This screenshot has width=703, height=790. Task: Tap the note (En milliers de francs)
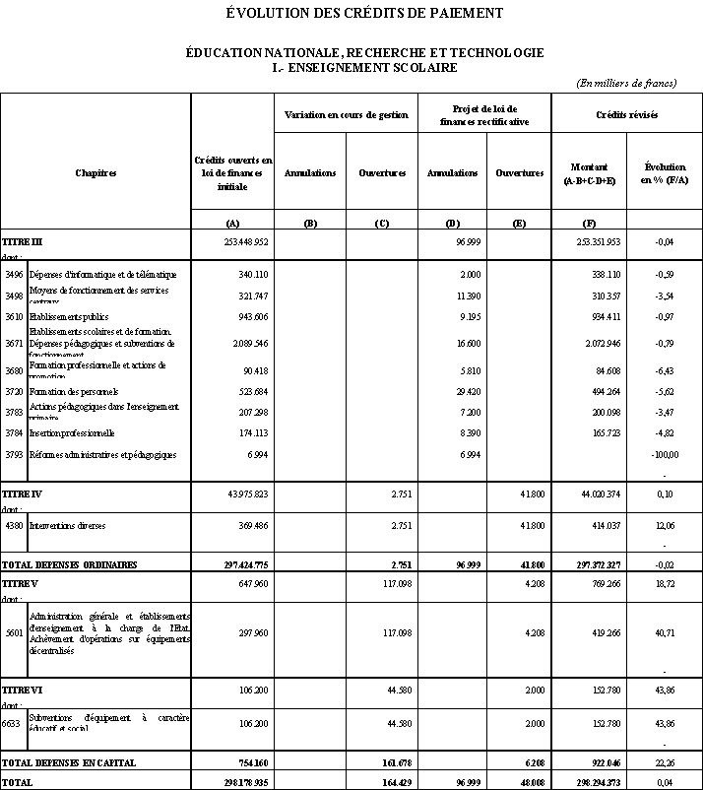click(x=626, y=83)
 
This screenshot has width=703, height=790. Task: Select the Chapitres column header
click(x=96, y=173)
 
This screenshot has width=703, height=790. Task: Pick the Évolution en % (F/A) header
click(x=664, y=173)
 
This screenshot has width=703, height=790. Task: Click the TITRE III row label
click(x=23, y=240)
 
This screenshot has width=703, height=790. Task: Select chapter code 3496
click(x=14, y=274)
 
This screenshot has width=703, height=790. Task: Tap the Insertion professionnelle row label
click(x=72, y=432)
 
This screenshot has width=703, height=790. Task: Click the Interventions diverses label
click(x=68, y=526)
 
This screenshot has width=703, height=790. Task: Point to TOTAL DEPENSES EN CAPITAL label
click(x=68, y=762)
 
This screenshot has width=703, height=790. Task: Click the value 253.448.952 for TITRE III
click(x=232, y=240)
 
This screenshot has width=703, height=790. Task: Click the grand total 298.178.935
click(x=232, y=782)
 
